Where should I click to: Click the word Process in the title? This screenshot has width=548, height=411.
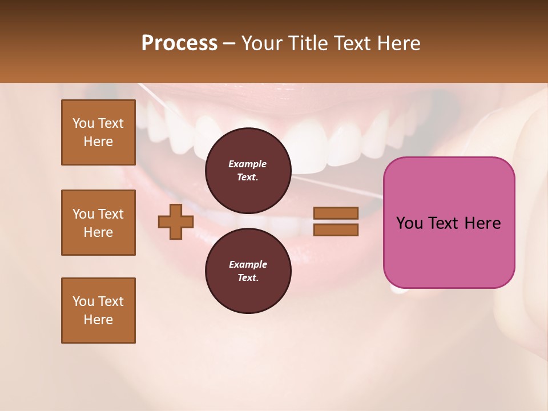[179, 43]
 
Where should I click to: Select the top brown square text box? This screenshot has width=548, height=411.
[98, 132]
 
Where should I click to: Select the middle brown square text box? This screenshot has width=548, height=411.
[98, 223]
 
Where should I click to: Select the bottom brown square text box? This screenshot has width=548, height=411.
[98, 311]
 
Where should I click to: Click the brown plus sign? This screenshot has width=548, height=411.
[176, 221]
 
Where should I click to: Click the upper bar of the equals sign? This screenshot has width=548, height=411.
[336, 213]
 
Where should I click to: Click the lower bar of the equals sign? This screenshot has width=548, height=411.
[336, 230]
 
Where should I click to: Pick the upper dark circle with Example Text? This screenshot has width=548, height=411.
[248, 171]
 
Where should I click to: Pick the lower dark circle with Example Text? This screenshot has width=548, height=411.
[248, 271]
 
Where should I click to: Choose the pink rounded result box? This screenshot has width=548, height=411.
[449, 223]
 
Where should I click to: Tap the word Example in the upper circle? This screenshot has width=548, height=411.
[248, 164]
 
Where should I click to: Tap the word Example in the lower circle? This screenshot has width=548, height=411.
[248, 264]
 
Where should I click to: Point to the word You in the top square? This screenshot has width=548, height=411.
[83, 123]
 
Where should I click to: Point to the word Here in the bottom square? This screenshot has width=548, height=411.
[98, 320]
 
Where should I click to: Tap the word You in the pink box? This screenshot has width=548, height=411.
[409, 223]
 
